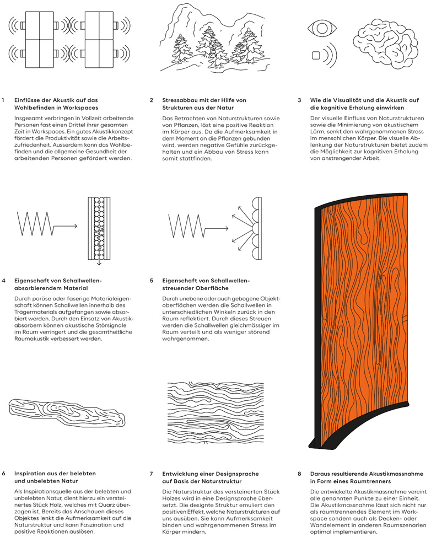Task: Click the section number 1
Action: click(3, 100)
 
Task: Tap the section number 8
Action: click(299, 473)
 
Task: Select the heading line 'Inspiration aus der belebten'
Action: click(55, 473)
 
